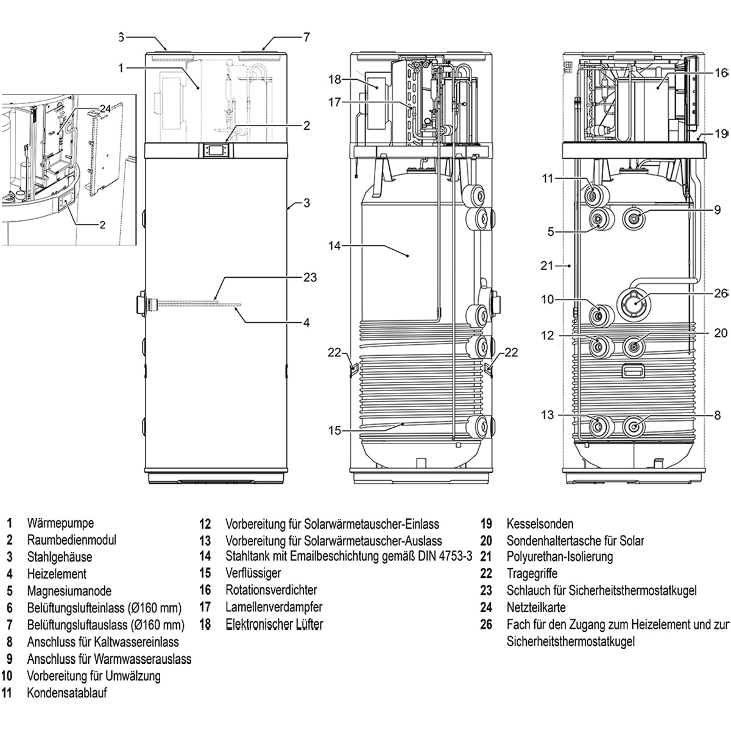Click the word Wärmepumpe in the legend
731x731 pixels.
tap(60, 523)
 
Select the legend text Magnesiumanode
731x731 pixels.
tap(69, 591)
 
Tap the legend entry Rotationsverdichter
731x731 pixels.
tap(271, 590)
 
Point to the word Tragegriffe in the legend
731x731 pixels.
tap(532, 574)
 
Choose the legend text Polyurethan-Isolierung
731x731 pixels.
tap(560, 557)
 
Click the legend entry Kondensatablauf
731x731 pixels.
tap(67, 693)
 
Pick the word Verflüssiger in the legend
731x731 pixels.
tap(253, 573)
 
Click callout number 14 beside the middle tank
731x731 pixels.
tap(334, 246)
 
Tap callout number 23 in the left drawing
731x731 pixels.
tap(310, 277)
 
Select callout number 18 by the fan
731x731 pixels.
tap(335, 80)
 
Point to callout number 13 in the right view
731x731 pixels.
tap(548, 415)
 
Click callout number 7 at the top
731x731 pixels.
tap(306, 37)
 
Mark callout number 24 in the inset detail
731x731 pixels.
tap(105, 109)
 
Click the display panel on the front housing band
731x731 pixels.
tap(215, 150)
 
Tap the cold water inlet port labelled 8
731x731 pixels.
tap(634, 427)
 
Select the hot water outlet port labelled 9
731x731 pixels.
tap(635, 218)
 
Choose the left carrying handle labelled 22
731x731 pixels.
tap(353, 368)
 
